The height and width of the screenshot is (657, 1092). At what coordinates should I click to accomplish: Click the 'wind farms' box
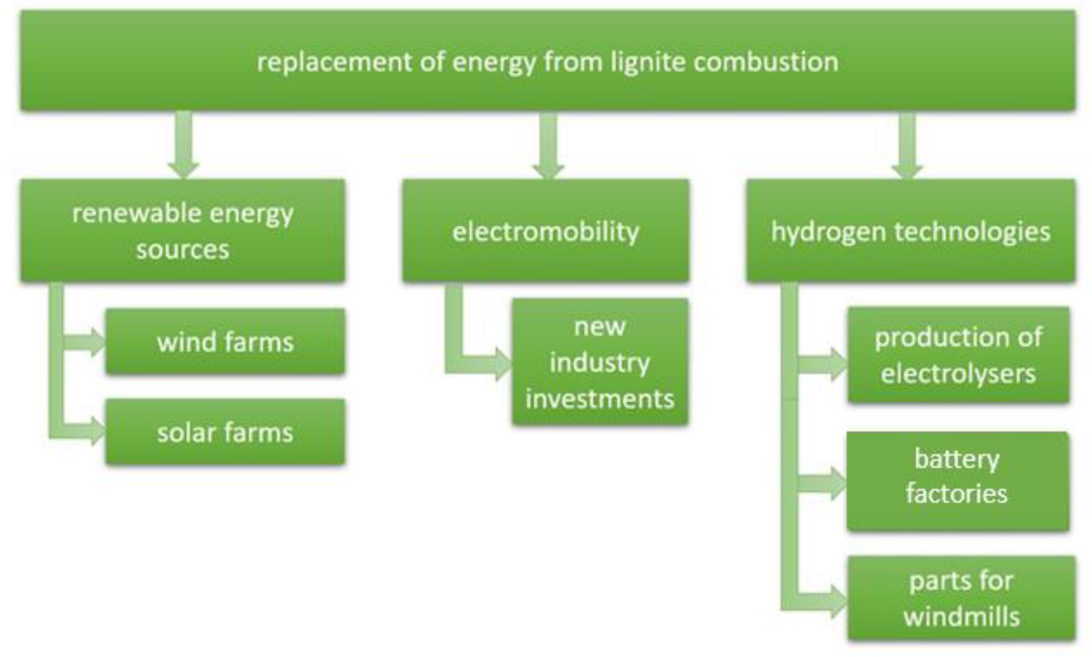point(225,342)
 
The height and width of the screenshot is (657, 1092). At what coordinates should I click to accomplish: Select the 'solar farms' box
point(225,432)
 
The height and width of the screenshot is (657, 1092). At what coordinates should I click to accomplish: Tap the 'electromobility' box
point(545,231)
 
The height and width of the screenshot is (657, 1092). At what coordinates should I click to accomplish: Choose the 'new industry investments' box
point(600,362)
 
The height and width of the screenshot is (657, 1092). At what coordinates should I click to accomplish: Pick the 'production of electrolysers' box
point(958,355)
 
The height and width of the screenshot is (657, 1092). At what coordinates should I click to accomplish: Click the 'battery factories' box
point(957,481)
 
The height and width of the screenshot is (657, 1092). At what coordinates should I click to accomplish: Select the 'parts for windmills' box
point(961,598)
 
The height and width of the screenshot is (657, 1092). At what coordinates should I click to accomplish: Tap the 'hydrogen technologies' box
point(910,231)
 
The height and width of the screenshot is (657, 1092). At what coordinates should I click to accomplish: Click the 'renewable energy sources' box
point(182,231)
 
